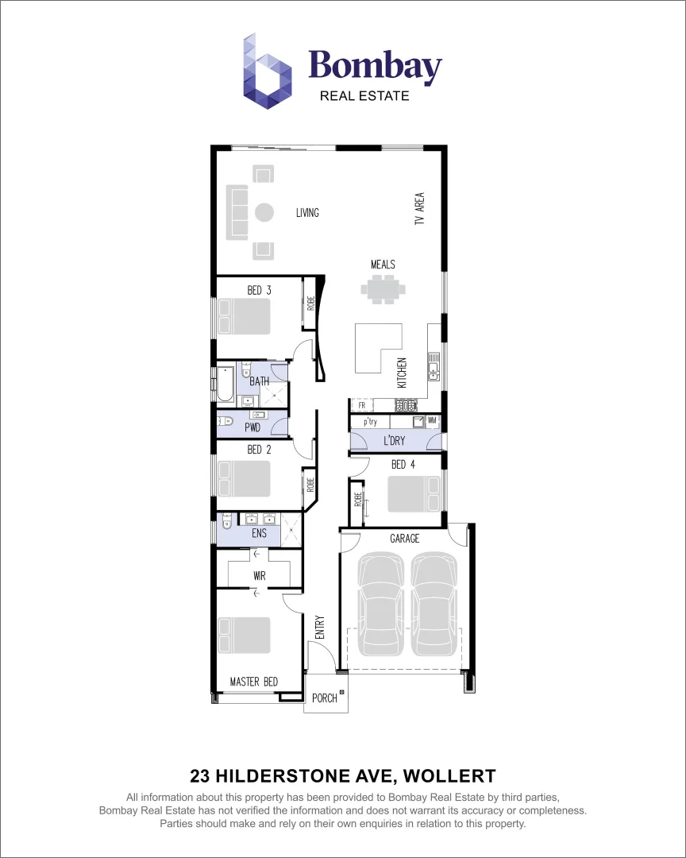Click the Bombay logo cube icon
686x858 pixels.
click(268, 71)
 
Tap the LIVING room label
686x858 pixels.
click(307, 213)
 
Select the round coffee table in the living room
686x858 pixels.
click(264, 212)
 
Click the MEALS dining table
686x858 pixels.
click(383, 289)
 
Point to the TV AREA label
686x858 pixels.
click(419, 209)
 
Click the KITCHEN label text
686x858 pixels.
click(403, 373)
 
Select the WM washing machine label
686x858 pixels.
click(432, 420)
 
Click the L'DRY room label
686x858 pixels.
click(395, 441)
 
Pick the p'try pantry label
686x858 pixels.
click(370, 422)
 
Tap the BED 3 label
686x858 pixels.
click(259, 291)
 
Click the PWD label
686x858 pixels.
click(252, 427)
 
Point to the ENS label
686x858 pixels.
click(259, 534)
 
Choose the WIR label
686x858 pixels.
click(259, 575)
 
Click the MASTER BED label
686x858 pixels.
click(254, 682)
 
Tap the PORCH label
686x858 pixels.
click(324, 698)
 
